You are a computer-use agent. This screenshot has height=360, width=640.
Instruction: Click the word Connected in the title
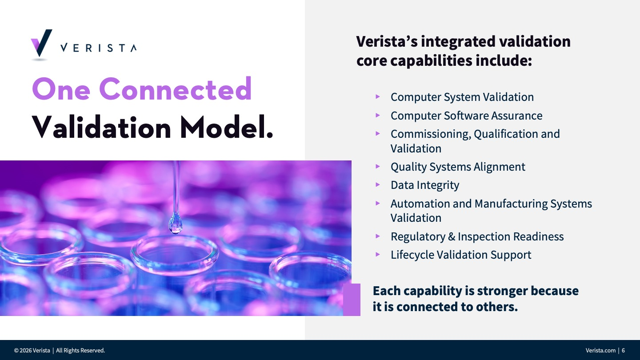(x=176, y=89)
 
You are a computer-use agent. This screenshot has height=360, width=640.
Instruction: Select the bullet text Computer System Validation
(x=462, y=97)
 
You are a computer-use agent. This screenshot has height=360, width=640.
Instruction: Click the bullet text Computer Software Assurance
(x=466, y=116)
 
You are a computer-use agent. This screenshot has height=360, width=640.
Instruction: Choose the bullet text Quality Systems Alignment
(x=458, y=167)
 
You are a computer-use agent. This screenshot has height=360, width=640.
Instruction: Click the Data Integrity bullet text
(x=425, y=185)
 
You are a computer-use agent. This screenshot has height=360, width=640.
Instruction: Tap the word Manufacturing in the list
(x=511, y=204)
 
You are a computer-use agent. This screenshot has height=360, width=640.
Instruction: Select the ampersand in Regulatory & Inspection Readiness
(x=452, y=236)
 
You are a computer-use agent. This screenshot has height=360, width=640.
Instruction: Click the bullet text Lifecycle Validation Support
(x=461, y=255)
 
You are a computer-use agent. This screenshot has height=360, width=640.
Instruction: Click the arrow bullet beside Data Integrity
(x=378, y=185)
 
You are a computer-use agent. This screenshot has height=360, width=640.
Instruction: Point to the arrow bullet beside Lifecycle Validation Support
(x=378, y=255)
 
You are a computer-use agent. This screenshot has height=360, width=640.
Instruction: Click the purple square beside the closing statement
(x=352, y=300)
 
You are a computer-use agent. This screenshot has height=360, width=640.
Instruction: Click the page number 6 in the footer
(x=623, y=350)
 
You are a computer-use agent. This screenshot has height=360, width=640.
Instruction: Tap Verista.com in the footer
(x=600, y=350)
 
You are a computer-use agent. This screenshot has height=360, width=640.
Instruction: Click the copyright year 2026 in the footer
(x=26, y=350)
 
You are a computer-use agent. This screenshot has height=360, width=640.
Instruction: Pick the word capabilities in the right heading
(x=431, y=61)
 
